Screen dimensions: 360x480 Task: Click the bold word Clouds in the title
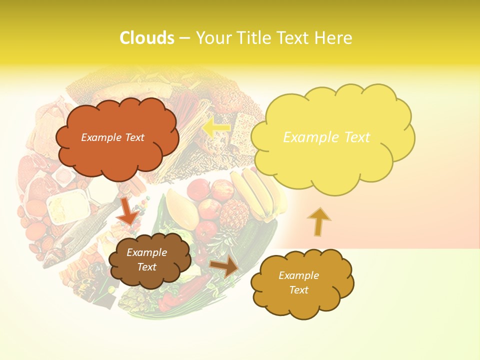[x=147, y=38]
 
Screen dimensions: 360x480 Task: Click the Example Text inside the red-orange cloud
[x=112, y=137]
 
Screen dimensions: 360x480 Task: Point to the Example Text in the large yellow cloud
[x=326, y=137]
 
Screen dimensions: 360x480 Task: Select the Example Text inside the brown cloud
[x=146, y=260]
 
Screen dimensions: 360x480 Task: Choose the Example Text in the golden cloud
[x=298, y=283]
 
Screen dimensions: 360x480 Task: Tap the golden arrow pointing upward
[x=318, y=221]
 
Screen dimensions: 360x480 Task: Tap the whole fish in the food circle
[x=80, y=230]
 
